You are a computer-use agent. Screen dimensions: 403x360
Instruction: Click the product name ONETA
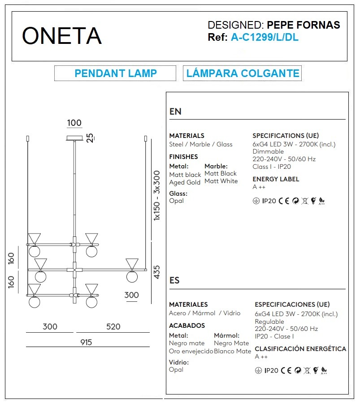point(62,36)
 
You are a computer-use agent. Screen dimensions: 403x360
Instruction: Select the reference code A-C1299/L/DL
point(265,38)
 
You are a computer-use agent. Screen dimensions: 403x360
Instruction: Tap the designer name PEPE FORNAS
point(303,25)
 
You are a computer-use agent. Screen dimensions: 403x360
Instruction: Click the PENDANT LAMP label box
point(115,73)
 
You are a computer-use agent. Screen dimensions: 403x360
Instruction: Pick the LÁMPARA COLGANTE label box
point(243,73)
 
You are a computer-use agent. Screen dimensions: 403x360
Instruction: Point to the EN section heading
point(175,112)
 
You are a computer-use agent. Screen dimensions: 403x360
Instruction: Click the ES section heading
point(175,280)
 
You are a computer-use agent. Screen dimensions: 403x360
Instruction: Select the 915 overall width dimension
point(86,342)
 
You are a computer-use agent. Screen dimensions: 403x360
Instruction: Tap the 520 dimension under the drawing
point(113,327)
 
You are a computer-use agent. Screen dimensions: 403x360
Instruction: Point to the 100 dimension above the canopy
point(74,123)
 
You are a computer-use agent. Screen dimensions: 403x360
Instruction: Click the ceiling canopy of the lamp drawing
point(74,138)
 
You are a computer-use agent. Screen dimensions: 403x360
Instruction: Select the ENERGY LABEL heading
point(276,179)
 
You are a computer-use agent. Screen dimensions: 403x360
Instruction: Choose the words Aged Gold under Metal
point(185,182)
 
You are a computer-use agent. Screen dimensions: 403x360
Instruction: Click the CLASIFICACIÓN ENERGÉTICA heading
point(300,349)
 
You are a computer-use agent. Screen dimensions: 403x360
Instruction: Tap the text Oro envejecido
point(191,351)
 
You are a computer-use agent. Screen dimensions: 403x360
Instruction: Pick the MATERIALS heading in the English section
point(187,136)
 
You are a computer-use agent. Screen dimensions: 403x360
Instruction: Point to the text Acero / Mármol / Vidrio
point(204,313)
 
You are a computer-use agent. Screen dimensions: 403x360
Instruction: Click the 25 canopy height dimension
point(90,138)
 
